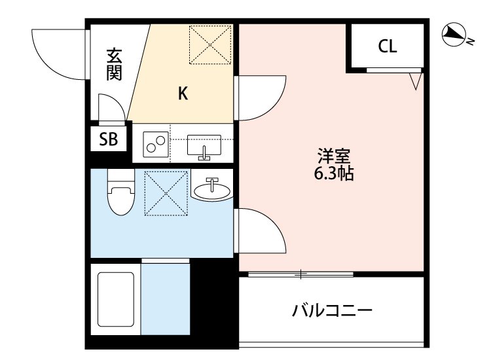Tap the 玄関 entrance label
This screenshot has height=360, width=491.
pyautogui.click(x=115, y=63)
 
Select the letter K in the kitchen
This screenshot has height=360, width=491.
pyautogui.click(x=183, y=94)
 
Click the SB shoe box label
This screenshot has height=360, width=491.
pyautogui.click(x=108, y=139)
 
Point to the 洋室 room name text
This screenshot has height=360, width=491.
pyautogui.click(x=335, y=156)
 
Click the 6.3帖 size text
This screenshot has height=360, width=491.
pyautogui.click(x=335, y=174)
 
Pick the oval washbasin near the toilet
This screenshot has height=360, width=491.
pyautogui.click(x=212, y=190)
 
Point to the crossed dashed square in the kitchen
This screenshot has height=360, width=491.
pyautogui.click(x=211, y=45)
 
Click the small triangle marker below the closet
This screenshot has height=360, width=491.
pyautogui.click(x=414, y=82)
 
